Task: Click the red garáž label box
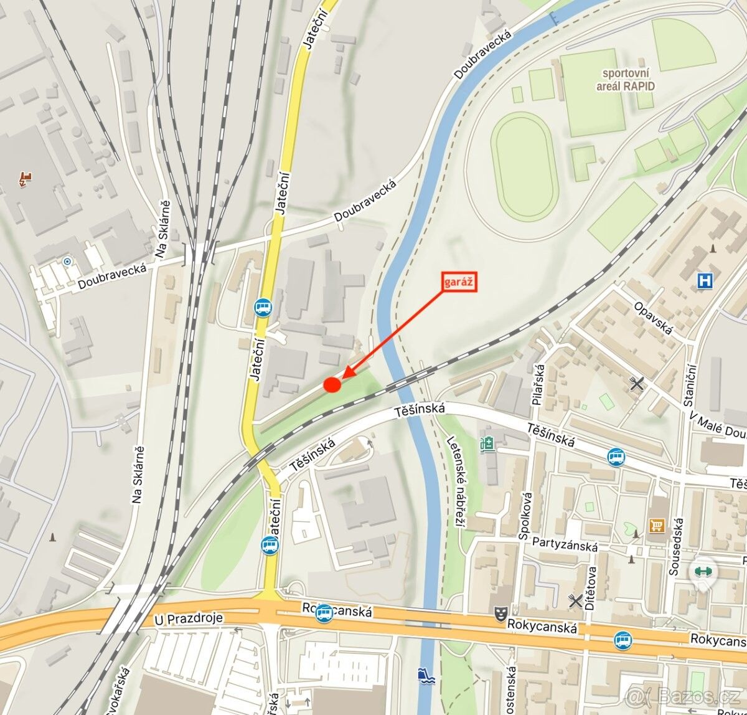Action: point(459,282)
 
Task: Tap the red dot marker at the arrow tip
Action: point(332,385)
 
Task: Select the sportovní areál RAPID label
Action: point(626,80)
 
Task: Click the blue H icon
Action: point(705,281)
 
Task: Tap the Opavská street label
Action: point(654,318)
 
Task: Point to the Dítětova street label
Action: point(591,587)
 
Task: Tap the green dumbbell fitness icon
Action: point(703,571)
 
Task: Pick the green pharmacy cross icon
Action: point(486,444)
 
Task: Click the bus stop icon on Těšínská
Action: point(616,457)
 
